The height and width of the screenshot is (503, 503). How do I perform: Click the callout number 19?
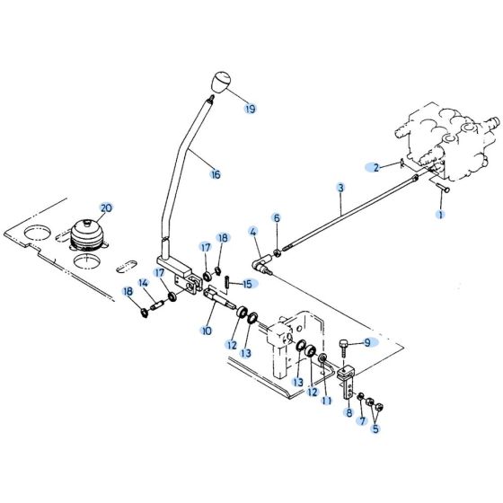point(250,109)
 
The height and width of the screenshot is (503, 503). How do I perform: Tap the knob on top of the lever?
point(218,84)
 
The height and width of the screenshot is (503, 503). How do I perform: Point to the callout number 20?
point(106,208)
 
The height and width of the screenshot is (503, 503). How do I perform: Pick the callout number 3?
point(340,188)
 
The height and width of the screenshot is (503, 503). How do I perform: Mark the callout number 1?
point(440,215)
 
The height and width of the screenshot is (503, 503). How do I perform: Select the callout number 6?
point(277,218)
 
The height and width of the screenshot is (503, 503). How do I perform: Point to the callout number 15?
point(248,284)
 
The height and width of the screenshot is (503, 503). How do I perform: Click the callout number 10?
point(207,331)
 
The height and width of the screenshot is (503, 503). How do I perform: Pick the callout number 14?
point(143,284)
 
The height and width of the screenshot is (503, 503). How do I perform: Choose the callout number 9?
point(367,342)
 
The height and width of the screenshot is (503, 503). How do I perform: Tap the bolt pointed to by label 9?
point(345,346)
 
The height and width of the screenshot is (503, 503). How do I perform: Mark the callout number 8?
point(349,413)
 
